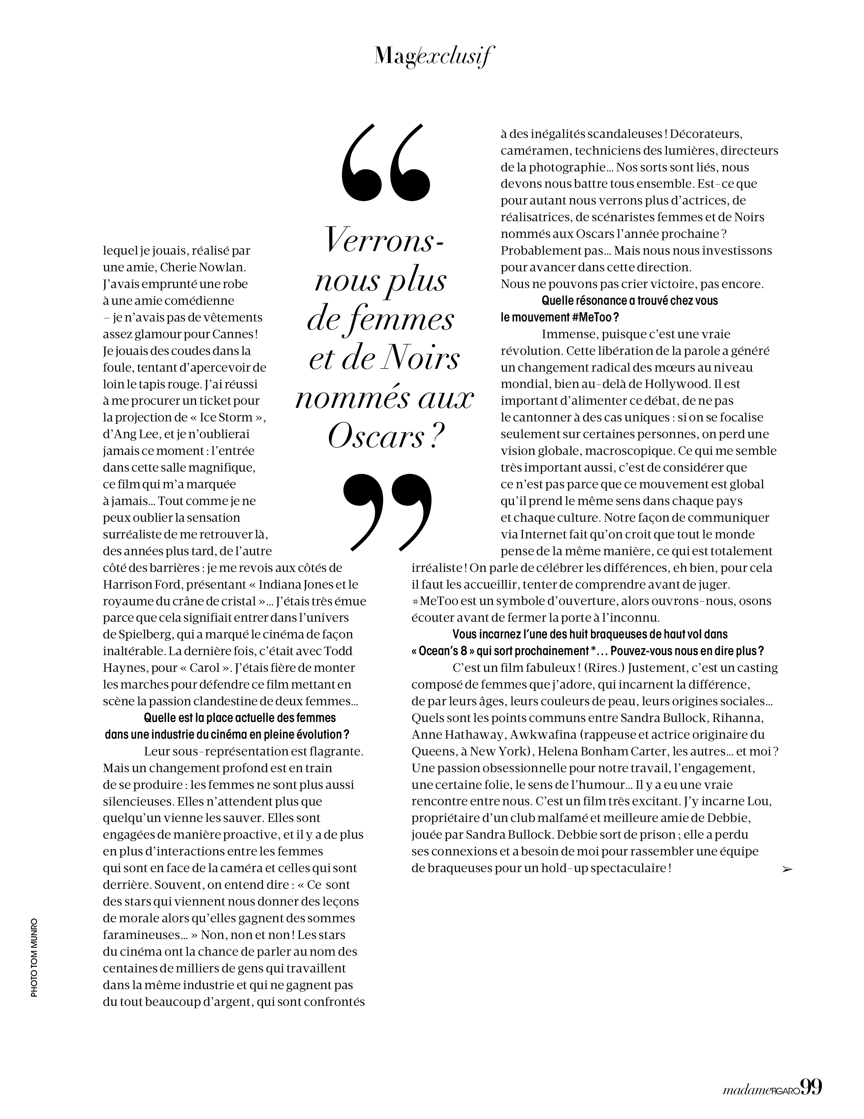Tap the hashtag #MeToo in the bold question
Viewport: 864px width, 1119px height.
tap(590, 317)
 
